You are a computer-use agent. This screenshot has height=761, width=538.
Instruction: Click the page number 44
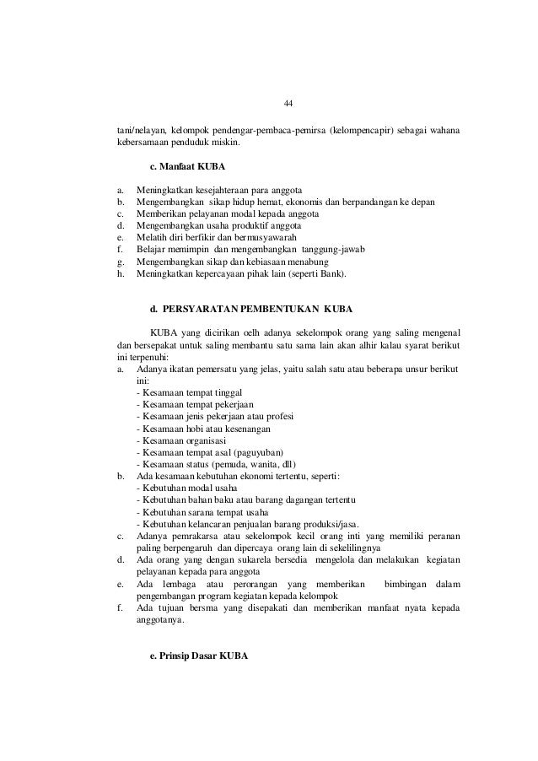tap(287, 104)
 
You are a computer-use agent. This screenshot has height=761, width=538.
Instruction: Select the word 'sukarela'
tap(252, 561)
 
